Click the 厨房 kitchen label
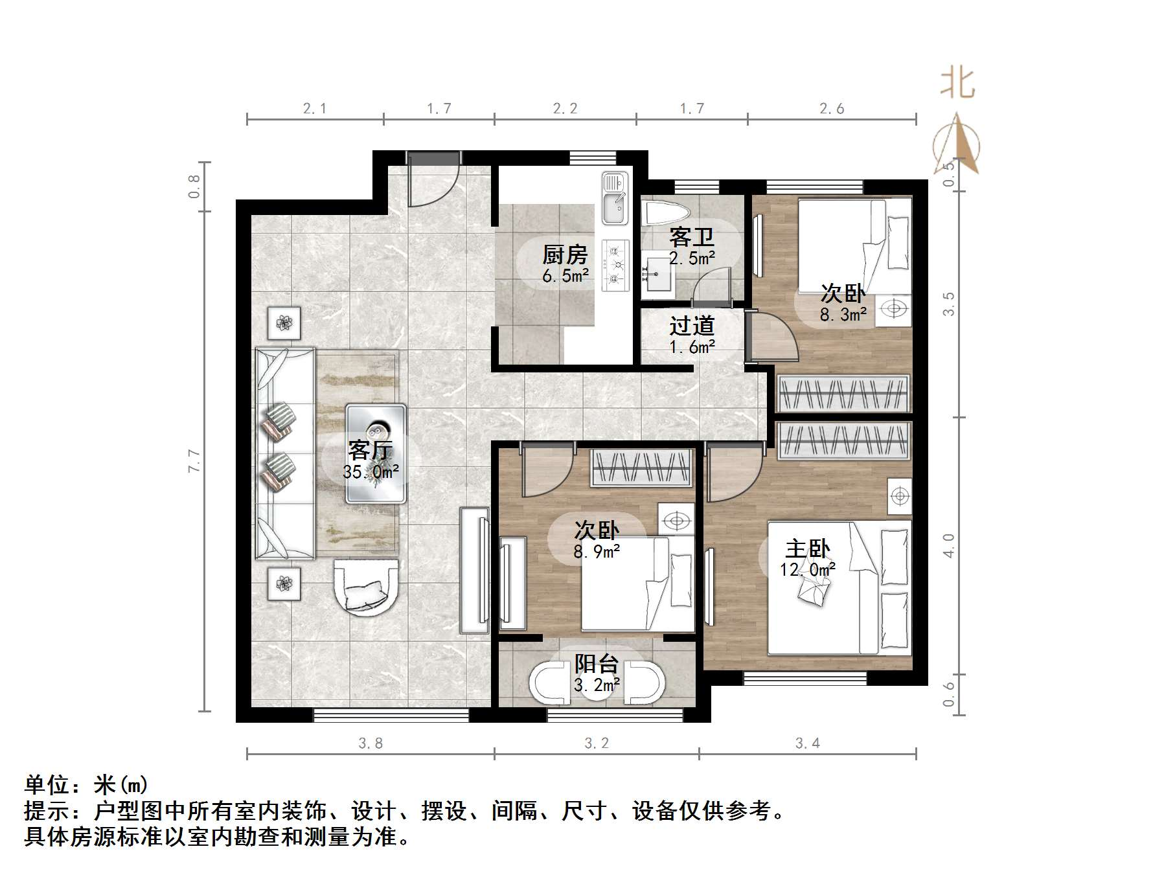pos(564,255)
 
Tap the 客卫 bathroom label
pos(691,238)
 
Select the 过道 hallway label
pos(691,326)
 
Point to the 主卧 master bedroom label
pos(807,549)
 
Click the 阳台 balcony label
pos(597,664)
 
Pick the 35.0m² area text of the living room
pos(371,472)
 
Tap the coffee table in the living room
pos(376,453)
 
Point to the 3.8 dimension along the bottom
pos(371,743)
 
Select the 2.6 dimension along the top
pos(832,109)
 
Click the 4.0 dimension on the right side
pos(948,545)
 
